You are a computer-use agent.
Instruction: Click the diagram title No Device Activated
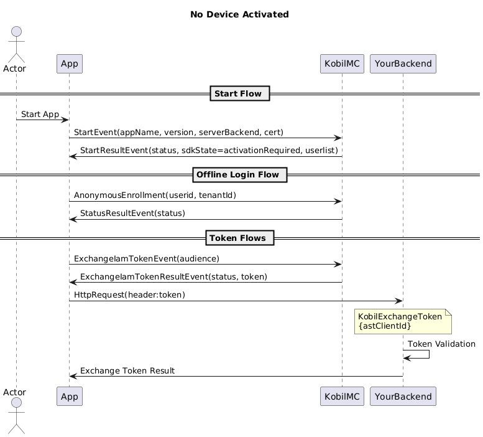[x=239, y=14]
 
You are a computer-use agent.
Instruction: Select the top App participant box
[x=70, y=64]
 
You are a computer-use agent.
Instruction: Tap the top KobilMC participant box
[x=342, y=64]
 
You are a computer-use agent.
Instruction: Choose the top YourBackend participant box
[x=403, y=64]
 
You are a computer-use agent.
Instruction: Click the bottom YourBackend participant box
[x=403, y=397]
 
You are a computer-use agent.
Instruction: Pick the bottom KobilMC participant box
[x=342, y=397]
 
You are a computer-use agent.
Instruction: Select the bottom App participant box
[x=70, y=397]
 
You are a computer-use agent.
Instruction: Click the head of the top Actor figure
[x=16, y=32]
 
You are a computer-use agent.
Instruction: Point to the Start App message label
[x=40, y=115]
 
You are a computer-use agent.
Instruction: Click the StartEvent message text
[x=178, y=133]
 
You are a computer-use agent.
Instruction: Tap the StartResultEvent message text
[x=209, y=151]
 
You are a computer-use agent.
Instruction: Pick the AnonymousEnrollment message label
[x=155, y=195]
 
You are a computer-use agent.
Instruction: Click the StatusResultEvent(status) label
[x=133, y=214]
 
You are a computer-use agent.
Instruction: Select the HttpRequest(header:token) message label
[x=129, y=295]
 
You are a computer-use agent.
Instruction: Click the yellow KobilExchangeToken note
[x=403, y=321]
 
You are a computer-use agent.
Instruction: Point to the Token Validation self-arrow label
[x=441, y=344]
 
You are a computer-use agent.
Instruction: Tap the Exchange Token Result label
[x=127, y=370]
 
